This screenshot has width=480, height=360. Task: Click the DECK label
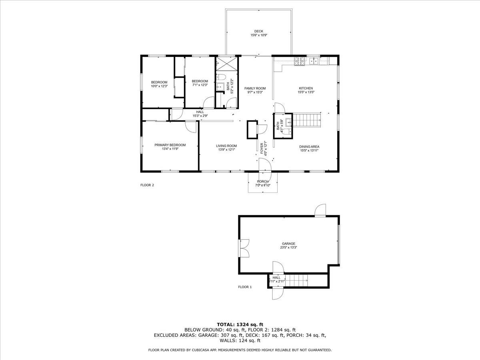[x=259, y=31]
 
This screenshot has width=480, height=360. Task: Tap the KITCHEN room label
[x=306, y=88]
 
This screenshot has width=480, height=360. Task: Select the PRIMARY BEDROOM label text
[x=170, y=145]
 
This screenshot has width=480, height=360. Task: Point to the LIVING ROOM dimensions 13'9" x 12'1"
[x=226, y=150]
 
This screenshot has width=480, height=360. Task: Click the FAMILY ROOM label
[x=255, y=88]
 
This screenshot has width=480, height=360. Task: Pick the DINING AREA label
[x=309, y=146]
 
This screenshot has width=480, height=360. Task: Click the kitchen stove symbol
[x=300, y=61]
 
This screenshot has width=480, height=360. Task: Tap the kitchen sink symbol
[x=315, y=61]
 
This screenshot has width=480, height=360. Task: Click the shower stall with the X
[x=226, y=64]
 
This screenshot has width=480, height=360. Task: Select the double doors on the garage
[x=244, y=248]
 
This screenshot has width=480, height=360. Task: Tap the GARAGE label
[x=288, y=244]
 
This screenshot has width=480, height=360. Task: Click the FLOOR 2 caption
[x=147, y=185]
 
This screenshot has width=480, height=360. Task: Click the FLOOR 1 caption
[x=245, y=287]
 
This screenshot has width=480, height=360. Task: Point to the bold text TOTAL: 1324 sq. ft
[x=240, y=324]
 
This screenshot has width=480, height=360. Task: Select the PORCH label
[x=263, y=182]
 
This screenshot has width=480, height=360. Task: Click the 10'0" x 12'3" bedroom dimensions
[x=159, y=86]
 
